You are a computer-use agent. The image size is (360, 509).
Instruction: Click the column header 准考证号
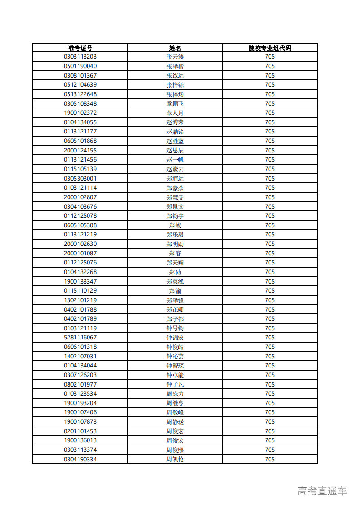[80, 48]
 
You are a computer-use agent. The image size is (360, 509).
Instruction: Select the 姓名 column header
[175, 48]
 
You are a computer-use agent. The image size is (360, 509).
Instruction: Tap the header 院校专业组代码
[270, 48]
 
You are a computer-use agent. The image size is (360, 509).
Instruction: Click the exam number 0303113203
[80, 57]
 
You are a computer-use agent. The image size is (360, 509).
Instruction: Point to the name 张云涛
[175, 57]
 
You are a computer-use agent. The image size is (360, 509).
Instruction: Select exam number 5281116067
[80, 338]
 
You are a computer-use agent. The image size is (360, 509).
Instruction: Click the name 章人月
[175, 113]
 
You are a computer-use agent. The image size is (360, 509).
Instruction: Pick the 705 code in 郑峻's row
[270, 225]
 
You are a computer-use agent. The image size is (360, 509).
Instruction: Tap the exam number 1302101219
[80, 300]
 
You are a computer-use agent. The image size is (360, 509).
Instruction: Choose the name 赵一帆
[175, 160]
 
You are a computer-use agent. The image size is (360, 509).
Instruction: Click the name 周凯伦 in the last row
[175, 459]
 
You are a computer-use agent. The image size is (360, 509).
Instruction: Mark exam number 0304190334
[80, 459]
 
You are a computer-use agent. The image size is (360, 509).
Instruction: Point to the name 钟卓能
[175, 375]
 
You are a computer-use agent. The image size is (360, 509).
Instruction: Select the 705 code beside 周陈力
[270, 393]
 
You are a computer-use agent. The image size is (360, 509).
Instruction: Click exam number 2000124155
[80, 150]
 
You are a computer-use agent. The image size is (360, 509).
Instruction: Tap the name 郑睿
[175, 253]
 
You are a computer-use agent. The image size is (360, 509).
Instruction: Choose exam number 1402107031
[80, 356]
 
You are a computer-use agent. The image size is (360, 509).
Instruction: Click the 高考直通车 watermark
[322, 491]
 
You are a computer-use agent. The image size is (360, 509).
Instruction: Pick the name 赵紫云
[175, 169]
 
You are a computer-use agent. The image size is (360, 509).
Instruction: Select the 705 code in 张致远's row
[270, 75]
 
